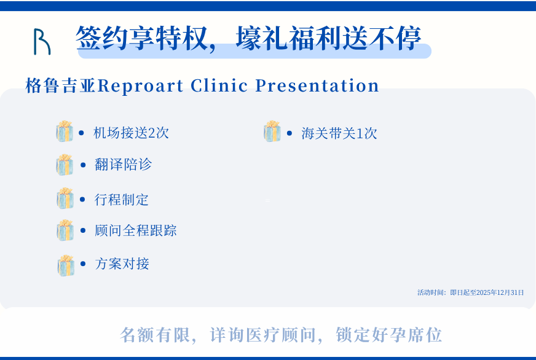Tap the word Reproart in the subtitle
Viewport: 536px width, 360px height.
[x=141, y=86]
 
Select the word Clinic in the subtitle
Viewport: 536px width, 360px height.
[x=219, y=85]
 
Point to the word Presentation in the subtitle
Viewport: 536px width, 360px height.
[x=317, y=85]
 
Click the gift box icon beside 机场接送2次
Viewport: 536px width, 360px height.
[x=65, y=131]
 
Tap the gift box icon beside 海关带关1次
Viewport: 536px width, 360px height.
[x=272, y=131]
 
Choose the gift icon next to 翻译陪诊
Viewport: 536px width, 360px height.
[x=65, y=165]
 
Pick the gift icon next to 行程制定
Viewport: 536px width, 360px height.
[x=65, y=198]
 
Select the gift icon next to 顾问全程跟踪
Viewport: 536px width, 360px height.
[x=65, y=230]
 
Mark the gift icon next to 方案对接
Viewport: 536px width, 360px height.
[x=66, y=265]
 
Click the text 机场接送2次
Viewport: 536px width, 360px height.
[x=132, y=133]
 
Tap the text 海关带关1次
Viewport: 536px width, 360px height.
[x=339, y=133]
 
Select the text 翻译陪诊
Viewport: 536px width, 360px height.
[x=123, y=165]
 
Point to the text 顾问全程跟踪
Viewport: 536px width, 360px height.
[x=136, y=230]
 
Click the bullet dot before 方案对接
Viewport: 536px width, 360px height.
[x=83, y=264]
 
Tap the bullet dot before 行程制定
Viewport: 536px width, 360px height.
[x=82, y=200]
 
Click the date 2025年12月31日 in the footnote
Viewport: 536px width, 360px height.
[x=500, y=292]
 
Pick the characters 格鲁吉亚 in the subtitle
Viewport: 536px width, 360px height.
[x=61, y=85]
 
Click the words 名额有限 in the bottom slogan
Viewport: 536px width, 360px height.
[x=155, y=335]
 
